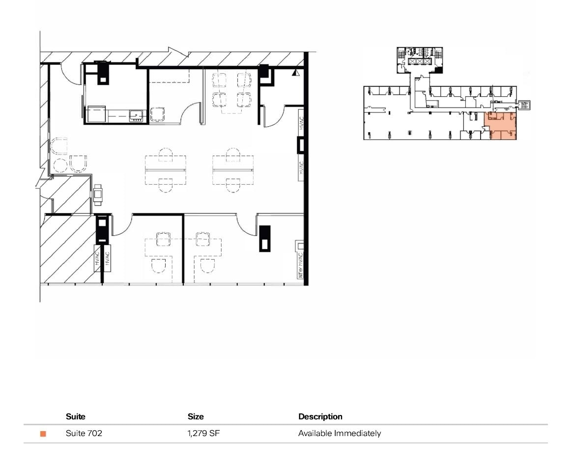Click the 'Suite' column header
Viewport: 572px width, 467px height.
pos(75,416)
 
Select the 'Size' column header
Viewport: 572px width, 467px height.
pos(196,416)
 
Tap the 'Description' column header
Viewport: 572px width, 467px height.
pos(320,416)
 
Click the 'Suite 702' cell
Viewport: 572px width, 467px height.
pos(84,434)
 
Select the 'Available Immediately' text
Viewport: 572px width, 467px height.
pos(339,434)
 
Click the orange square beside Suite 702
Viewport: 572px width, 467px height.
pos(43,434)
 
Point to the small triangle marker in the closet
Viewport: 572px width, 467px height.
pos(295,73)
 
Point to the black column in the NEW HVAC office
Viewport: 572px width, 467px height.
pos(265,238)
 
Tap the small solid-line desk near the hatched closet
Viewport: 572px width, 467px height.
pos(98,195)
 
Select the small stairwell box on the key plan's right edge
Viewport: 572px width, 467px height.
pos(525,105)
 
